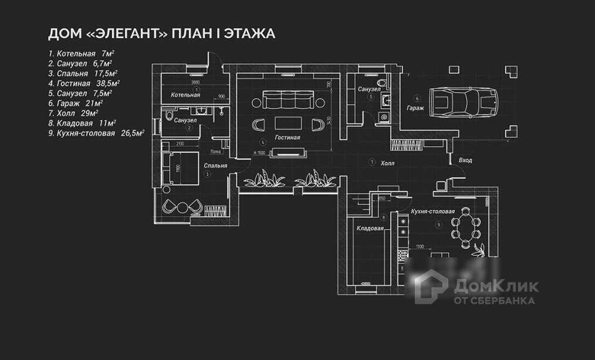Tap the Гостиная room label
(x=286, y=138)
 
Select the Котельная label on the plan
(x=185, y=95)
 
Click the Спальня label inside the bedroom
(x=216, y=166)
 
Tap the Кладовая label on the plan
(x=370, y=228)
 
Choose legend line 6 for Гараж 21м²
(x=73, y=103)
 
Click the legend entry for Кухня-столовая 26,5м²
(x=96, y=133)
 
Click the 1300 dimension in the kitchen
(x=419, y=247)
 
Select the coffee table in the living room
(x=290, y=124)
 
